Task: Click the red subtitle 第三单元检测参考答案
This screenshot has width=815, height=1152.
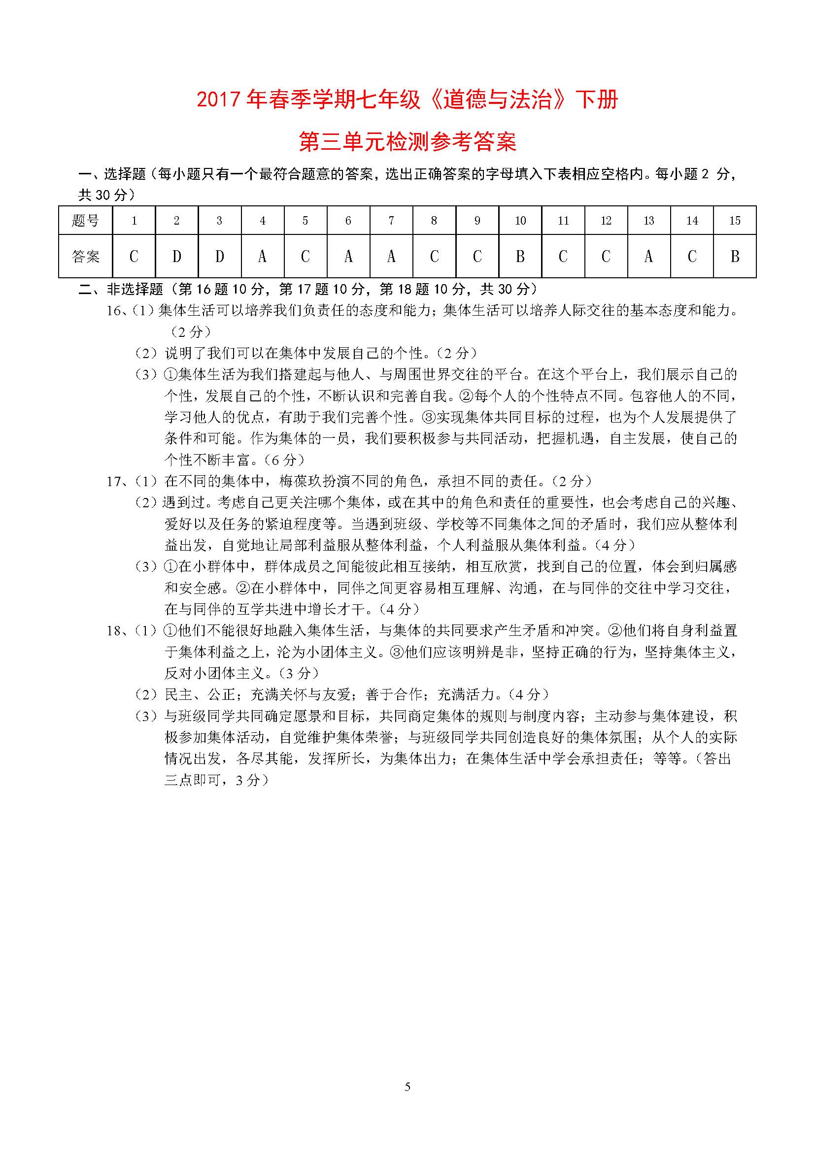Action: coord(407,142)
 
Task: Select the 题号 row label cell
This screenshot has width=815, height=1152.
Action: coord(85,220)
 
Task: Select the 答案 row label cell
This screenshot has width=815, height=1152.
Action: coord(85,257)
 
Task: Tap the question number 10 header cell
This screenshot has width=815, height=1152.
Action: coord(520,220)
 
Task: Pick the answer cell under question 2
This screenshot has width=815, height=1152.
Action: coord(177,257)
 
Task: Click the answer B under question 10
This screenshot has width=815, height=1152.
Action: coord(520,257)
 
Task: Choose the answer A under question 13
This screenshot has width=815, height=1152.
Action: coord(648,257)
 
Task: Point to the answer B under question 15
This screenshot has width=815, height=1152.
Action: coord(735,257)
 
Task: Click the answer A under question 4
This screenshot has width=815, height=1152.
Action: coord(262,257)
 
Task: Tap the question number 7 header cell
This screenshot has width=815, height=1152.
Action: coord(391,220)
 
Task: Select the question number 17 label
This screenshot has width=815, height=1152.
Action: coord(114,482)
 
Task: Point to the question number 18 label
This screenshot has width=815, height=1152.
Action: coord(114,631)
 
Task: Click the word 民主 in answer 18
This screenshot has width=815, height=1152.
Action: coord(179,695)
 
